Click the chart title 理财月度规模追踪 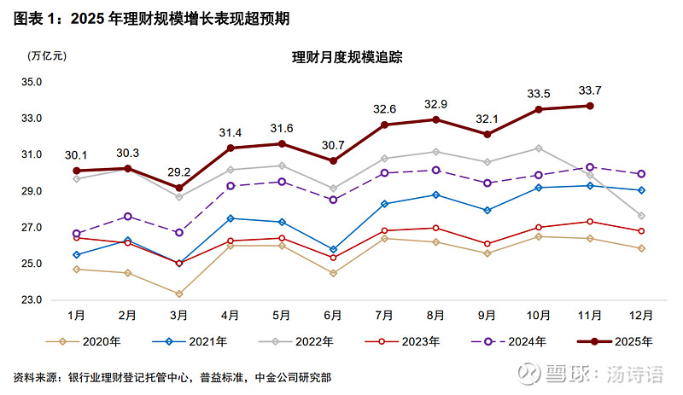click(347, 58)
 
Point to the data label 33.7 click(590, 90)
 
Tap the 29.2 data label click(178, 170)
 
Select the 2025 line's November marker click(590, 106)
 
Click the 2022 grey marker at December click(642, 216)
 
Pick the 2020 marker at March click(178, 294)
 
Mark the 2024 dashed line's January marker click(76, 233)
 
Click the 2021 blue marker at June click(333, 250)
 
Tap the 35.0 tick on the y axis click(32, 82)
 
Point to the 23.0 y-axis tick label click(32, 300)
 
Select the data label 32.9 click(435, 104)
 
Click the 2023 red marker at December click(642, 231)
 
